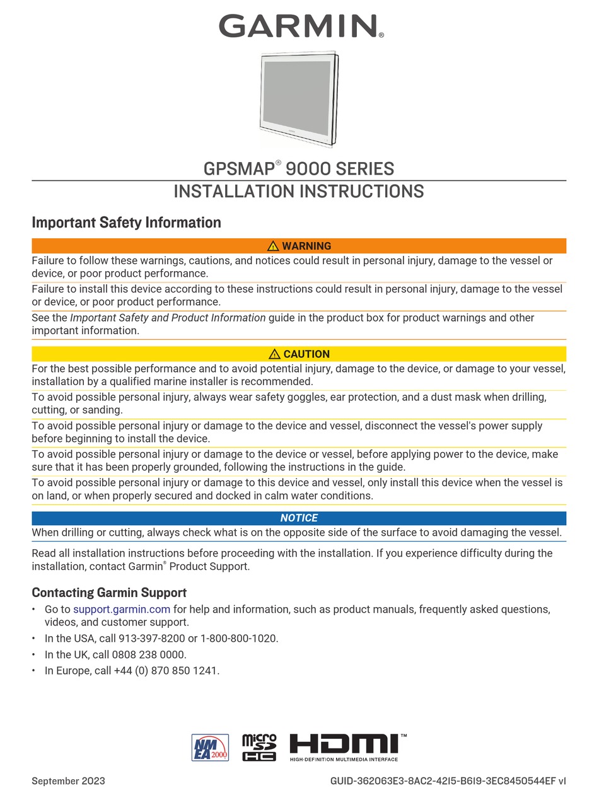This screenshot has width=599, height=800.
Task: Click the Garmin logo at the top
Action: click(300, 26)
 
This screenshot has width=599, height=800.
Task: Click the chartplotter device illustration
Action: click(299, 99)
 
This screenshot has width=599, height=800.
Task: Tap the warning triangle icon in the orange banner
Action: click(273, 246)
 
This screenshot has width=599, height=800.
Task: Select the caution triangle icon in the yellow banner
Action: click(274, 354)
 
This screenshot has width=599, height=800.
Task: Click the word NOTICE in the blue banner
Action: click(299, 518)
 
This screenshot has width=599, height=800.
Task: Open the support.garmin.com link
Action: click(122, 609)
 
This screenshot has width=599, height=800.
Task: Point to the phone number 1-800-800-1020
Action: click(239, 638)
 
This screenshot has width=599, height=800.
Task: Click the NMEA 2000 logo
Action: click(210, 747)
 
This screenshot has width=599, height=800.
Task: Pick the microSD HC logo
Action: click(259, 747)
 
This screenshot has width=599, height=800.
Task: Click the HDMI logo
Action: click(347, 746)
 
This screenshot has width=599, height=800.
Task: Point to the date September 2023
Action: click(68, 781)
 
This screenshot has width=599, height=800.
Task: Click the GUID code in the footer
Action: click(448, 781)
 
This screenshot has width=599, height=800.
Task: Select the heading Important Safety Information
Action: click(126, 223)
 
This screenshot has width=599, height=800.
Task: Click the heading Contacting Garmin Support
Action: click(109, 593)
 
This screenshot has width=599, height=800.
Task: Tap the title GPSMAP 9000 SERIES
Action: click(299, 169)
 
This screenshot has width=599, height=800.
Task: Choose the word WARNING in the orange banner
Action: click(306, 246)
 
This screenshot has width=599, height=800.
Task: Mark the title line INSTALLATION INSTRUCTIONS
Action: click(299, 191)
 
